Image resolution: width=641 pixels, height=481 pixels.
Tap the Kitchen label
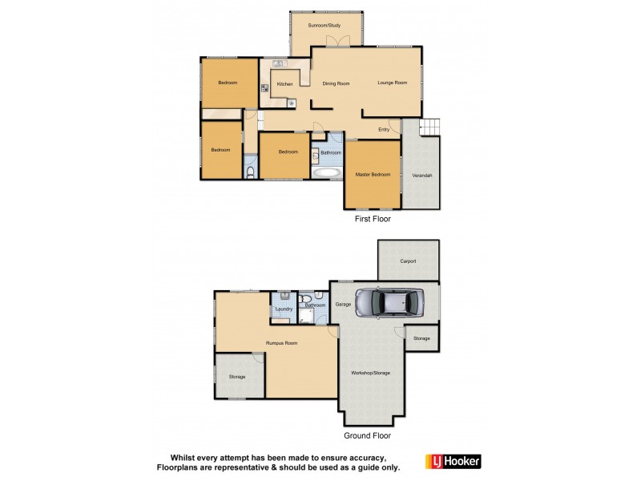coord(284,83)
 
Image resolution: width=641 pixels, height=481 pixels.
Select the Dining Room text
coord(336,83)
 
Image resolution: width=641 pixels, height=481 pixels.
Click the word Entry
coord(384,130)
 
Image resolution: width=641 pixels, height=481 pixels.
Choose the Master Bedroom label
coord(373,174)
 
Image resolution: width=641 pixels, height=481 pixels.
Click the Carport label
coord(408,261)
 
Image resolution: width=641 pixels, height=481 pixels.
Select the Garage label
coord(344,304)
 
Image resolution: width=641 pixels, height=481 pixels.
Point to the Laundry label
coord(283,309)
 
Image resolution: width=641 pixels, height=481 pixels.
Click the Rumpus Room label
coord(282,343)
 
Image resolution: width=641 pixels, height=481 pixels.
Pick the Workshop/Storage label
coord(370,373)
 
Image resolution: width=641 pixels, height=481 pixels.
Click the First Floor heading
coord(372,218)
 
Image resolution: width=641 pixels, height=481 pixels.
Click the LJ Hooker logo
coord(458,462)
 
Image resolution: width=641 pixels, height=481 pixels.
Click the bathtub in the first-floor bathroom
coord(326,172)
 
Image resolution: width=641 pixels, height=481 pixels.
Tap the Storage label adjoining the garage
coord(421,338)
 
